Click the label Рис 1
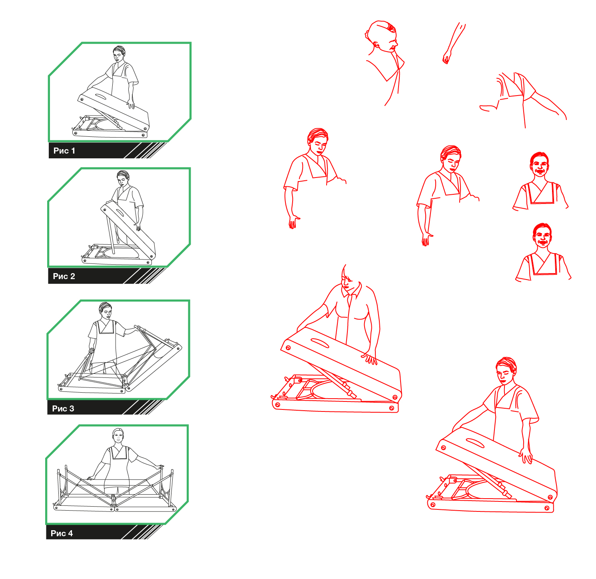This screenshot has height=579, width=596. tap(64, 151)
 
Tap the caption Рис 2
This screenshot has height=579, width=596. tap(64, 276)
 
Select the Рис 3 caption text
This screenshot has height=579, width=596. tap(63, 409)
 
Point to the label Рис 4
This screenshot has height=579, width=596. tap(62, 533)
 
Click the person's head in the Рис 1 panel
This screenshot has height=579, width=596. tap(119, 53)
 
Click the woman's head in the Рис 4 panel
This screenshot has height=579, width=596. tap(118, 436)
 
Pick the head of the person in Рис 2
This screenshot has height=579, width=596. tap(123, 178)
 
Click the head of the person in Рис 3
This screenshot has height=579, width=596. tap(105, 310)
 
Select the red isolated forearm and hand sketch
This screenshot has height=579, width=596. tap(454, 43)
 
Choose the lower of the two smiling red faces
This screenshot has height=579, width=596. tap(542, 236)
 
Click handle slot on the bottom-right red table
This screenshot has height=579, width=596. tap(475, 443)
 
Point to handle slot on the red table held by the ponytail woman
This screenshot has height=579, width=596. tap(319, 343)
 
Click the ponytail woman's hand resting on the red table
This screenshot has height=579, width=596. tap(370, 359)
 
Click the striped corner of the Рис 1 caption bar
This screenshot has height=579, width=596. tap(146, 150)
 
